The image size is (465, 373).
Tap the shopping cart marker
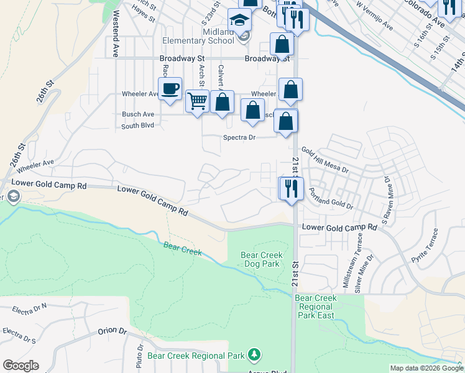pos(197,100)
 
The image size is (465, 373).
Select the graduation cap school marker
pos(239,21)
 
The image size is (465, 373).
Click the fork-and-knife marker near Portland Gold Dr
pos(291,187)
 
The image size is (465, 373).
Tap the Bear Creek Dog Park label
pos(262,259)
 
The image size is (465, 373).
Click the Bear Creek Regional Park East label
pos(316,306)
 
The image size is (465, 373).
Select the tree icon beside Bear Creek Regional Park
pos(254,355)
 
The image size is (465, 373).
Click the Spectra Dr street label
pos(239,137)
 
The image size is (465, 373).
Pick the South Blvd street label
pos(137,126)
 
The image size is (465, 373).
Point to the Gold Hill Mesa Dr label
pos(325,160)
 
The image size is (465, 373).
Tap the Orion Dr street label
pos(112,331)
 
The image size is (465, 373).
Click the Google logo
pos(21,366)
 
